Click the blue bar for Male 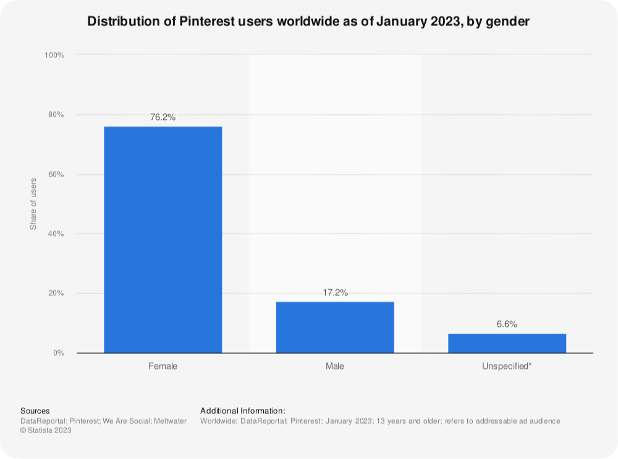pyautogui.click(x=335, y=327)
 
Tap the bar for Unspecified pyautogui.click(x=507, y=343)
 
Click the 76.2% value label pyautogui.click(x=163, y=117)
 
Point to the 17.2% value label pyautogui.click(x=335, y=292)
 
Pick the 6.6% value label pyautogui.click(x=507, y=324)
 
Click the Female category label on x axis pyautogui.click(x=163, y=366)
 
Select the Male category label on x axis pyautogui.click(x=335, y=366)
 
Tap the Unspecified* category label pyautogui.click(x=507, y=366)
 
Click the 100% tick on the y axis pyautogui.click(x=54, y=56)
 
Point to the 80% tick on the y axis pyautogui.click(x=56, y=115)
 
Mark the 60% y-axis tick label pyautogui.click(x=56, y=175)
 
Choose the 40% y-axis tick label pyautogui.click(x=56, y=234)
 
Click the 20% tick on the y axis pyautogui.click(x=56, y=293)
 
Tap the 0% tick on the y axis pyautogui.click(x=58, y=353)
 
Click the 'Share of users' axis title pyautogui.click(x=33, y=204)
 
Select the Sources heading pyautogui.click(x=35, y=411)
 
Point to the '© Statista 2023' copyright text pyautogui.click(x=46, y=431)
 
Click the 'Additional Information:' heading pyautogui.click(x=243, y=411)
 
